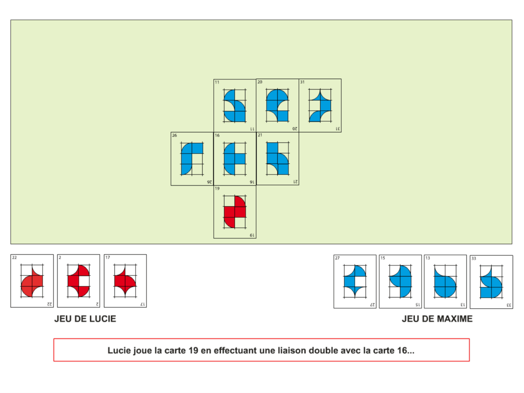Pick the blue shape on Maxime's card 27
(355, 282)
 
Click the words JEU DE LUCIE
(85, 319)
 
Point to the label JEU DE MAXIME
(437, 319)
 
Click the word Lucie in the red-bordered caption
(118, 350)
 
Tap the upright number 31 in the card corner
(302, 82)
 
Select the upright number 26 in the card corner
(175, 135)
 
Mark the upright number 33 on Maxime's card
(474, 259)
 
